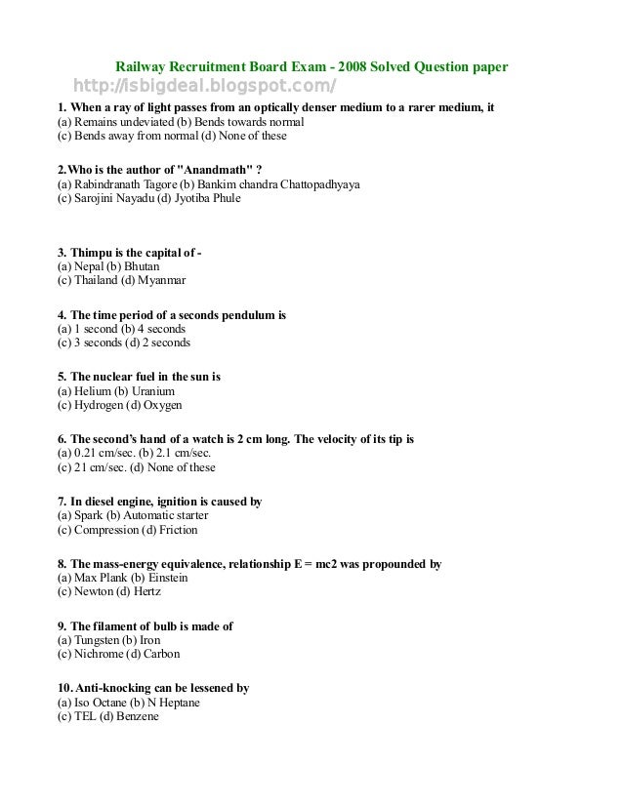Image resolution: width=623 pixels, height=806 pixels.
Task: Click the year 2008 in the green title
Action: (x=356, y=67)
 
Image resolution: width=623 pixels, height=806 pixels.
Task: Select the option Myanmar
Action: (x=160, y=280)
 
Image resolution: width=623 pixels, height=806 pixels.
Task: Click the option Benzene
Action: (x=137, y=716)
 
